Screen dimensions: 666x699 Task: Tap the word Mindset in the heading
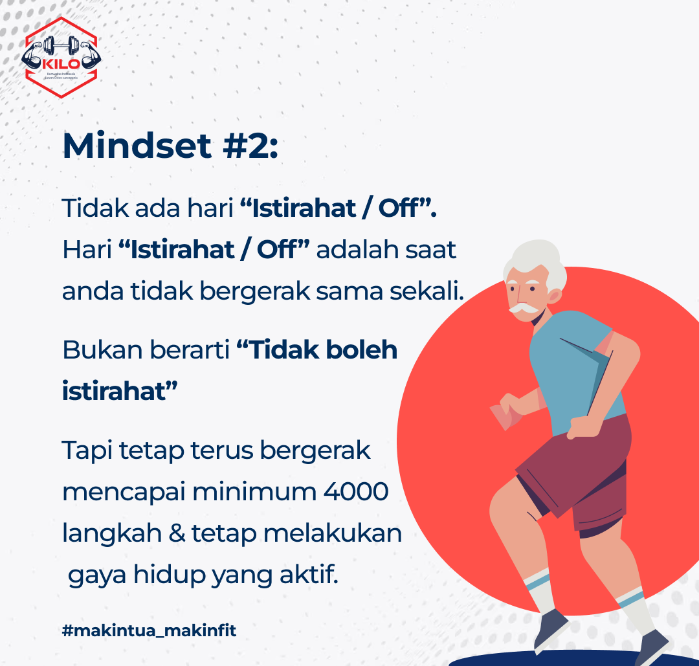coord(137,146)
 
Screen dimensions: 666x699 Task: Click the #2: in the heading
coord(250,146)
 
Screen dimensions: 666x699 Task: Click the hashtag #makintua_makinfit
coord(149,630)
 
